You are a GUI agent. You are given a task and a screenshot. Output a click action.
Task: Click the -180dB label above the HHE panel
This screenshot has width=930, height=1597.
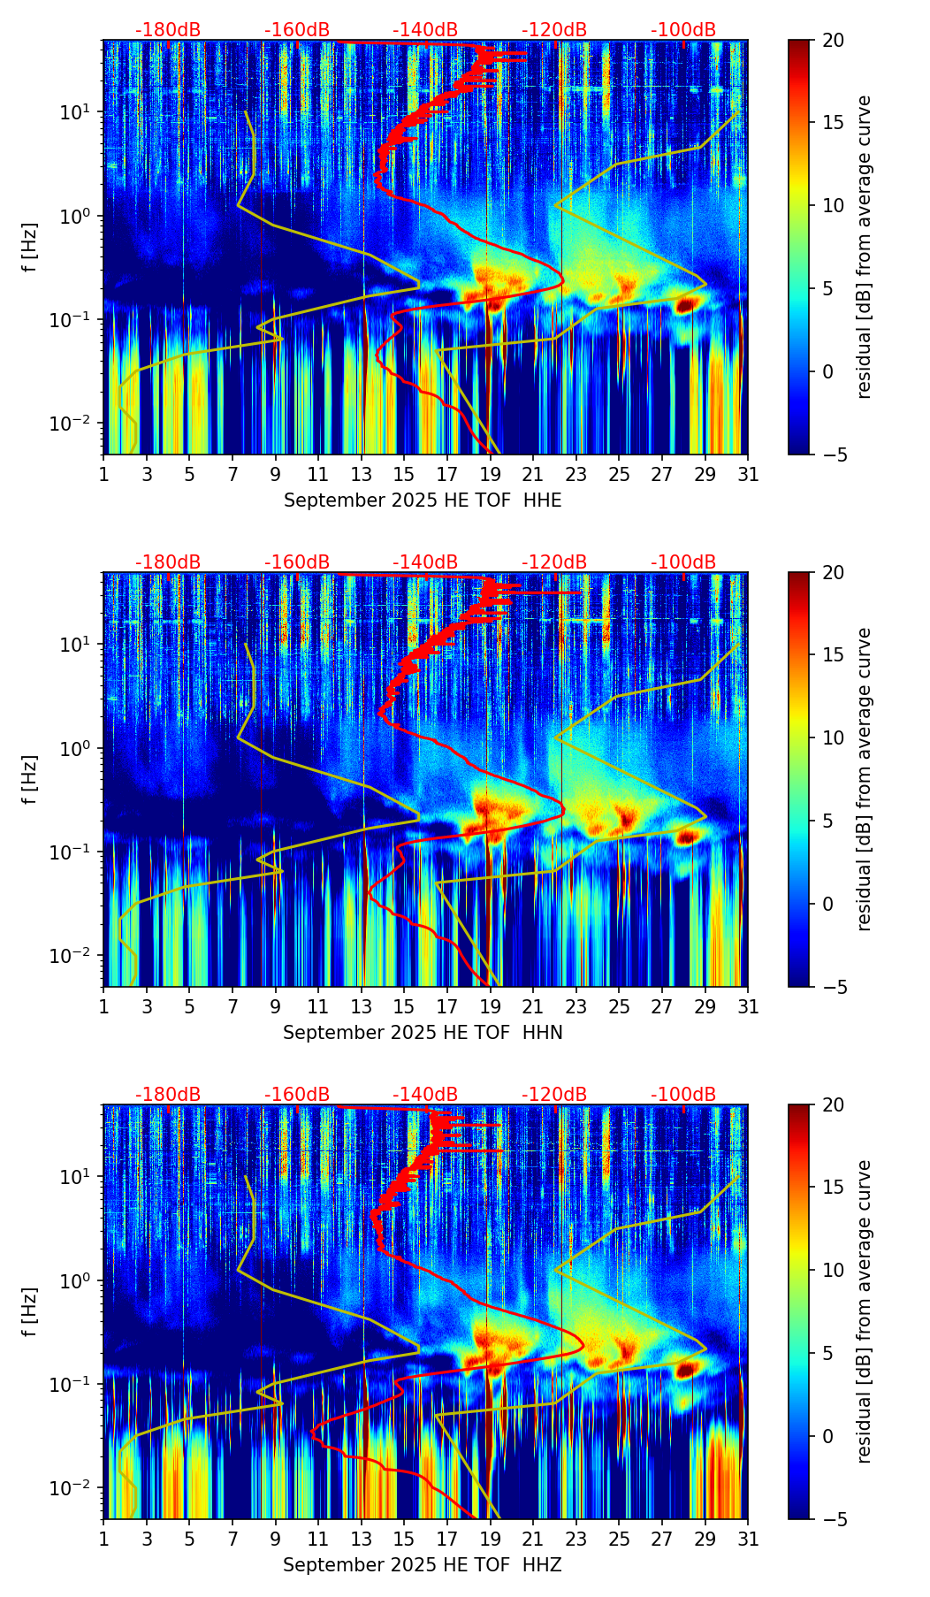click(168, 30)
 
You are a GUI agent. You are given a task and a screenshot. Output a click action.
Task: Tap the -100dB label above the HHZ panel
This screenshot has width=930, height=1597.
click(683, 1095)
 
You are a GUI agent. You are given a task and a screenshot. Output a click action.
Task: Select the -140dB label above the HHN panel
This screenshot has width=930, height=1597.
click(425, 562)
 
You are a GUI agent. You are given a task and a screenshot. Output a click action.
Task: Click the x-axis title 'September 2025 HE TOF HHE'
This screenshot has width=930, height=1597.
click(423, 500)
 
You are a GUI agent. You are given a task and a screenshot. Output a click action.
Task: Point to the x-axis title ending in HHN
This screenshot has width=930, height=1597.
click(423, 1033)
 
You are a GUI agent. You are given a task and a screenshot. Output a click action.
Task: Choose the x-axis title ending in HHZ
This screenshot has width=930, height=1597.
click(423, 1565)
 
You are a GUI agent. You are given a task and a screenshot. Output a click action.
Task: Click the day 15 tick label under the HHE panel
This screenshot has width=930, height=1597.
click(404, 475)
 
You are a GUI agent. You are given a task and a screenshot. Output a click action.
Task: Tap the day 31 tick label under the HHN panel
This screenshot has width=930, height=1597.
click(748, 1007)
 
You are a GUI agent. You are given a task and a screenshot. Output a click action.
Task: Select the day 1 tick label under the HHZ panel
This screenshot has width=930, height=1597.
click(103, 1540)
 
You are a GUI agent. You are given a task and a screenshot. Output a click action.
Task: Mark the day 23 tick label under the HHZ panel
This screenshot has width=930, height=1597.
click(576, 1540)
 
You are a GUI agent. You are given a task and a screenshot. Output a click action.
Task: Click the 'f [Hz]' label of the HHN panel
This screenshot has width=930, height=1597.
click(31, 779)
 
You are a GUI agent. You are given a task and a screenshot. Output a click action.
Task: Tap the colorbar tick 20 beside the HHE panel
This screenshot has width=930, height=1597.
click(834, 41)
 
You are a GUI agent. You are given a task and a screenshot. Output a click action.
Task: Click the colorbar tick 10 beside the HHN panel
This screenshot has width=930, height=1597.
click(834, 737)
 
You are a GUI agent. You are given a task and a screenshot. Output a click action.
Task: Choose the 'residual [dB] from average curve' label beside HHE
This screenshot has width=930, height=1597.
click(865, 247)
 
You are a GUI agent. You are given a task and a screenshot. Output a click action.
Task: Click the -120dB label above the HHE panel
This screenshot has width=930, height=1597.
click(554, 30)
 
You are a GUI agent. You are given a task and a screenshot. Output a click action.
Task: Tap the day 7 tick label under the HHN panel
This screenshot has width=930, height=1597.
click(232, 1007)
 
